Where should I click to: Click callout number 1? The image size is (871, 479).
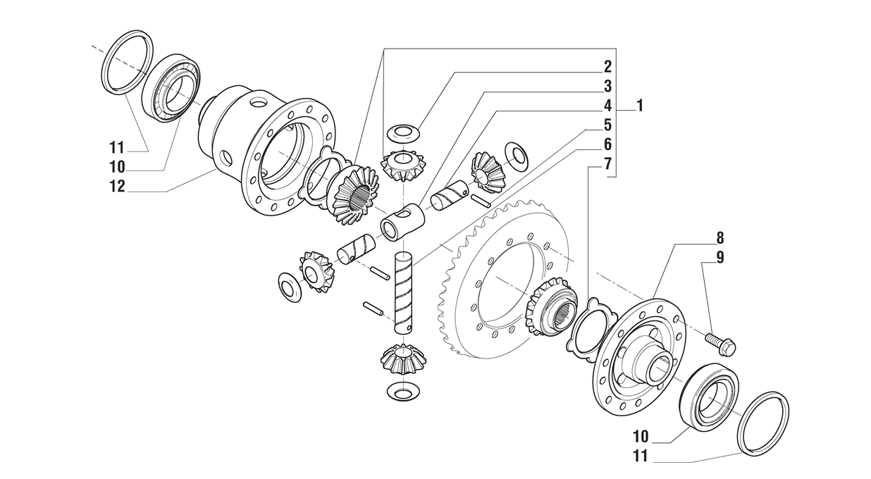[x=639, y=106]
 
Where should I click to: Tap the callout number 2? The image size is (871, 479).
[x=607, y=68]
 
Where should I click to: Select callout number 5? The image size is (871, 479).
[x=607, y=125]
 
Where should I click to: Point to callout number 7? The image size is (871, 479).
[x=607, y=165]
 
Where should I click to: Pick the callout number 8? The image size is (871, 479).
[x=719, y=239]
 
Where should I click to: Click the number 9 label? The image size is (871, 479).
[x=719, y=257]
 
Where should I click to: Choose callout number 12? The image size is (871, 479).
[x=116, y=187]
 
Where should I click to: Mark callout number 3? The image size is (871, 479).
[x=607, y=87]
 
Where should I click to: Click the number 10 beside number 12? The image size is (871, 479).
[x=116, y=167]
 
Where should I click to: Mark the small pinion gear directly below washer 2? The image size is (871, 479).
[x=403, y=165]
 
